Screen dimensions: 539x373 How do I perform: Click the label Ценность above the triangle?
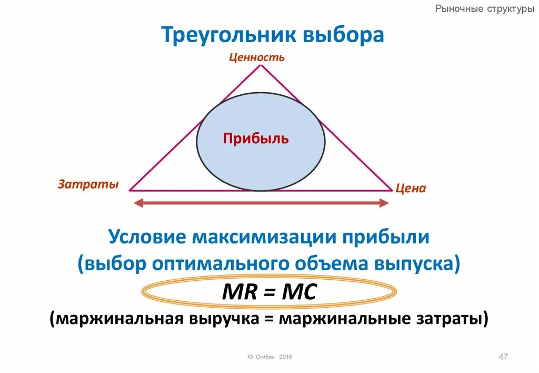(257, 57)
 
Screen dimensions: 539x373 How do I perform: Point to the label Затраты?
(88, 184)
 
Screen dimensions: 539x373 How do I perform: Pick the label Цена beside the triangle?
(411, 188)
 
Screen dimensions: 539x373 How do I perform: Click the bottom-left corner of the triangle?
(130, 190)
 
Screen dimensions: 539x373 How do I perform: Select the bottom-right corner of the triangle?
(392, 190)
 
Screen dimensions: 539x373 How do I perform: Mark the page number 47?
(503, 357)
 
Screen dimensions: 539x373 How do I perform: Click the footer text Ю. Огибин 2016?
(269, 357)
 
